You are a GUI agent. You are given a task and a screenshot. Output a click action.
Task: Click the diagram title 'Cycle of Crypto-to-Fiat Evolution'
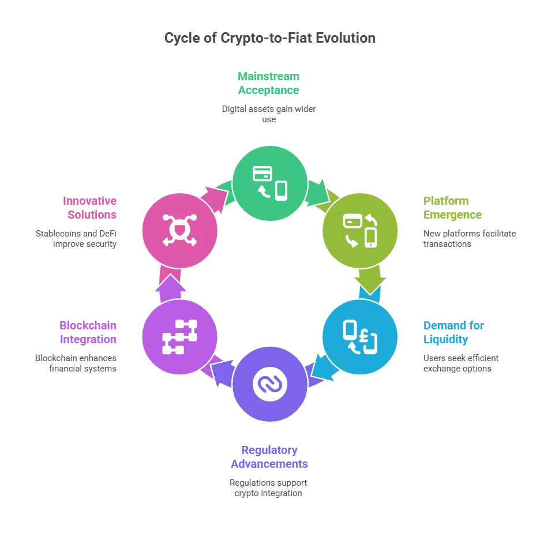click(x=269, y=38)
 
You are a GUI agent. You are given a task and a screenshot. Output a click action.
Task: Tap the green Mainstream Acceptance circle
click(x=269, y=183)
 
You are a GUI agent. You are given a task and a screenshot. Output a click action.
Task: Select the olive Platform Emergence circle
click(x=360, y=231)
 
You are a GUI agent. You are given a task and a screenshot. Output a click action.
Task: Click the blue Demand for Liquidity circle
click(x=360, y=337)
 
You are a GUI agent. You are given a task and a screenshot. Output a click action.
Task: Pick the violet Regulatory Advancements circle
click(x=269, y=384)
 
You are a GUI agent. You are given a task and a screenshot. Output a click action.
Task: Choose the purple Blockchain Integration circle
click(x=180, y=337)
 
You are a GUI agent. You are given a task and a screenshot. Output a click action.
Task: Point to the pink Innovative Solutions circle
click(x=180, y=231)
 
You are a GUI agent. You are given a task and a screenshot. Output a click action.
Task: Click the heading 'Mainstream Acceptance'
click(x=269, y=83)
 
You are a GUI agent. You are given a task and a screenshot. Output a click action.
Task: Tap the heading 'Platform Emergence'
click(x=452, y=208)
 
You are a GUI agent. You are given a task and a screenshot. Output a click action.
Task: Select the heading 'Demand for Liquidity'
click(x=453, y=332)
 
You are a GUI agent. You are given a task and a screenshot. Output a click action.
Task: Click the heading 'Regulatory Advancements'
click(x=269, y=457)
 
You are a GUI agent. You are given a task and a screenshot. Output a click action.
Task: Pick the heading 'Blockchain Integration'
click(x=88, y=332)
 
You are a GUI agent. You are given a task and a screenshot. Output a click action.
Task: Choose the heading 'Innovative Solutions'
click(x=89, y=208)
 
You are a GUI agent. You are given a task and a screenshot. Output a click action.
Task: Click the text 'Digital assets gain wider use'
click(x=269, y=114)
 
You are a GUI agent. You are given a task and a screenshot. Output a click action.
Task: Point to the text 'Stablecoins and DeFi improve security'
click(x=76, y=239)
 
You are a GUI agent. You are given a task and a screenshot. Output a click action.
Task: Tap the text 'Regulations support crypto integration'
click(x=268, y=488)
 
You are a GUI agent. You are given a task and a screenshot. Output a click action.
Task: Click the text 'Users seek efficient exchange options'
click(x=461, y=363)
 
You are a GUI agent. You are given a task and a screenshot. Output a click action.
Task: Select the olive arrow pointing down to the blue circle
click(x=370, y=280)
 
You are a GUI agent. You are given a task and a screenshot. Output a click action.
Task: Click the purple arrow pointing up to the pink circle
click(x=170, y=288)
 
